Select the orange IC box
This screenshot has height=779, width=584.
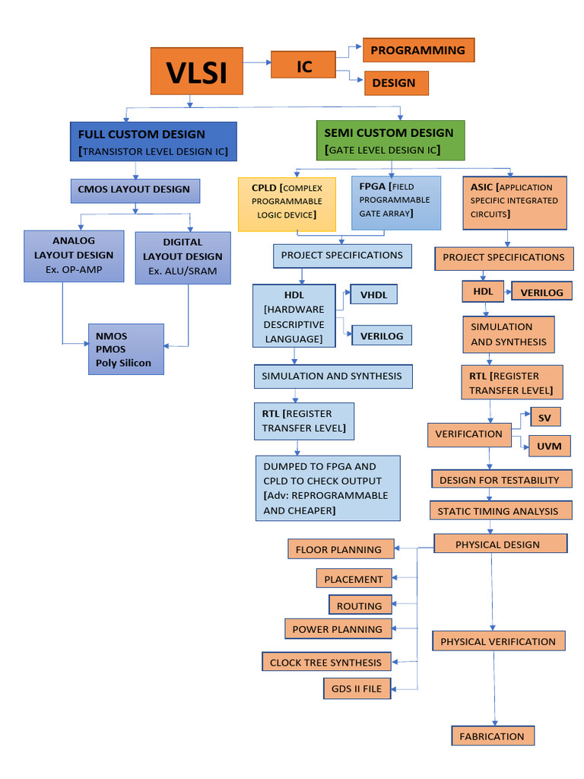(x=304, y=65)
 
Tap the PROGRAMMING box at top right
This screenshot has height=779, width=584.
(x=418, y=50)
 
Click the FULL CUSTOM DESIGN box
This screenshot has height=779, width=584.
(x=154, y=141)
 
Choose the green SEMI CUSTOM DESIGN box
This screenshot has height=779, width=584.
(x=390, y=141)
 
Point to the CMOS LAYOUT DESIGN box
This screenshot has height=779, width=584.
(x=135, y=190)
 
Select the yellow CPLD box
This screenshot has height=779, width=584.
(x=287, y=203)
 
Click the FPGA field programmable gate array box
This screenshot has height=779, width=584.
(x=395, y=202)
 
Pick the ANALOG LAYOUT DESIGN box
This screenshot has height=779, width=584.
(x=74, y=256)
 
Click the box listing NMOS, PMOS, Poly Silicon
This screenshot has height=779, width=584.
(x=125, y=350)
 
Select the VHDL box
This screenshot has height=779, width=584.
(x=373, y=294)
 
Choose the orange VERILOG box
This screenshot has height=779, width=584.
(x=541, y=291)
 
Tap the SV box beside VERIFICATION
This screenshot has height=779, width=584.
(x=544, y=417)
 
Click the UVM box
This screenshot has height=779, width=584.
(x=548, y=446)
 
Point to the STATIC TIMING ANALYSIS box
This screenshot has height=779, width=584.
(x=500, y=510)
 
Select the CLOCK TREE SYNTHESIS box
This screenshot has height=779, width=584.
(x=326, y=662)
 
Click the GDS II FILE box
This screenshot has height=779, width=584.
(x=357, y=689)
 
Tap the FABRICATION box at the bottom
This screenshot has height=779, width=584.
(x=492, y=736)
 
